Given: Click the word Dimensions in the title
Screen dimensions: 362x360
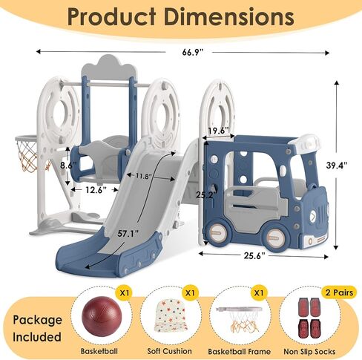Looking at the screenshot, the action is [x=229, y=16].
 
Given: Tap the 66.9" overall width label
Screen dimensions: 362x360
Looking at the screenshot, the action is [x=193, y=52].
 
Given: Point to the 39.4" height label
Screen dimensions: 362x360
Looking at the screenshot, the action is [x=337, y=165].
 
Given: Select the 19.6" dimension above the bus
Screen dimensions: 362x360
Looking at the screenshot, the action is [x=218, y=131].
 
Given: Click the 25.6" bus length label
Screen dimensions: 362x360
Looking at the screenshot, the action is [x=254, y=255].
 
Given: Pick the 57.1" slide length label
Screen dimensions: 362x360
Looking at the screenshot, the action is [x=128, y=233].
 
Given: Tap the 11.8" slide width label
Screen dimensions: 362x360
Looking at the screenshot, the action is [x=144, y=176].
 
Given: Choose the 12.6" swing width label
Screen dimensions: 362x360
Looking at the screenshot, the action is [x=96, y=190].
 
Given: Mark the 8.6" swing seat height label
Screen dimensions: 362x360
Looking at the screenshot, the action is [x=68, y=165].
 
